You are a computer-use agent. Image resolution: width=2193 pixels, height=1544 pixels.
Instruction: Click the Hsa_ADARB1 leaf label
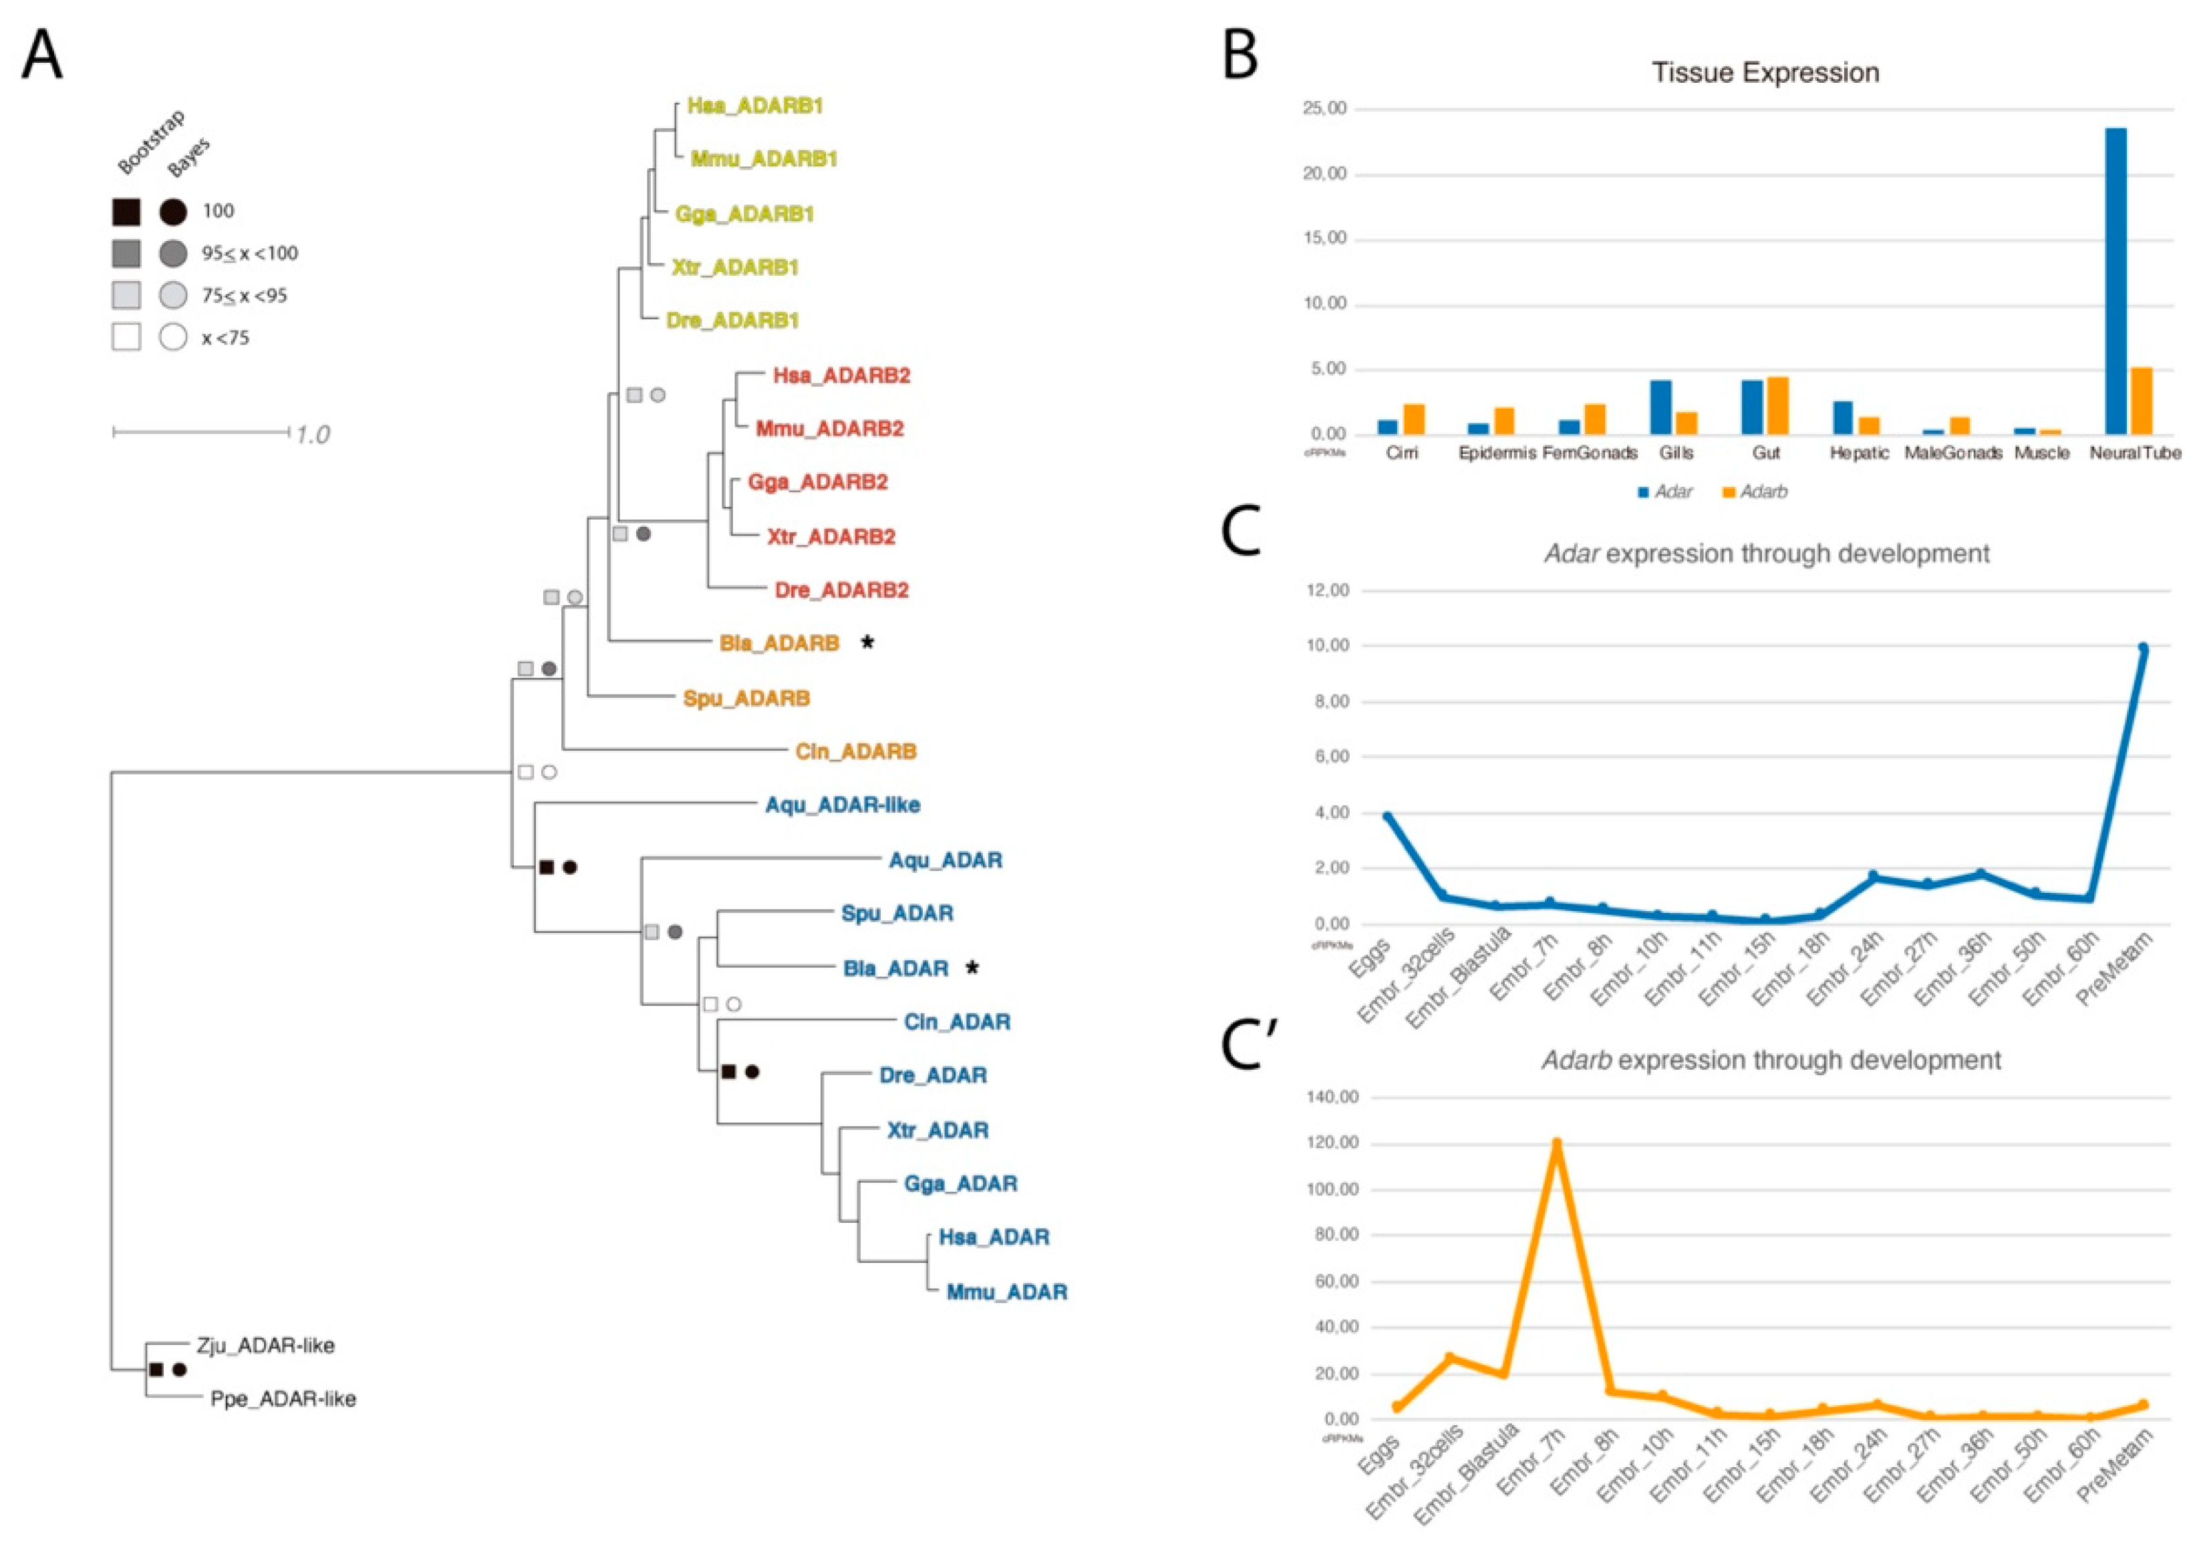point(754,106)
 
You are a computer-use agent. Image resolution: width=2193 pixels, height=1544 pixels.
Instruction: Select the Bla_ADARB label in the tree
point(778,644)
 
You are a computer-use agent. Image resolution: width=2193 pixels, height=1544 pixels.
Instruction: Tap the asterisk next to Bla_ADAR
point(972,968)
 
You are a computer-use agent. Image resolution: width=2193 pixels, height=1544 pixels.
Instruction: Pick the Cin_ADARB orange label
point(856,751)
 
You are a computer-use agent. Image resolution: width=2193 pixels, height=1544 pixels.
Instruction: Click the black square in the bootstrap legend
point(126,211)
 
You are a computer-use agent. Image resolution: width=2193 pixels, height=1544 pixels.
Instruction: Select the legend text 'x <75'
point(225,338)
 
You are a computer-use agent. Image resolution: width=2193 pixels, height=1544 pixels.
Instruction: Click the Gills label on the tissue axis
point(1676,453)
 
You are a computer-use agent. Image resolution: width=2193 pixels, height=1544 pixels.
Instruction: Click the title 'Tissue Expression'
point(1765,73)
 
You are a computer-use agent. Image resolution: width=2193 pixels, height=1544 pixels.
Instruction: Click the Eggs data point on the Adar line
point(1388,816)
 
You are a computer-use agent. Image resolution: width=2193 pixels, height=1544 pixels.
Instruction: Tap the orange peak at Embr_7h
point(1557,1143)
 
